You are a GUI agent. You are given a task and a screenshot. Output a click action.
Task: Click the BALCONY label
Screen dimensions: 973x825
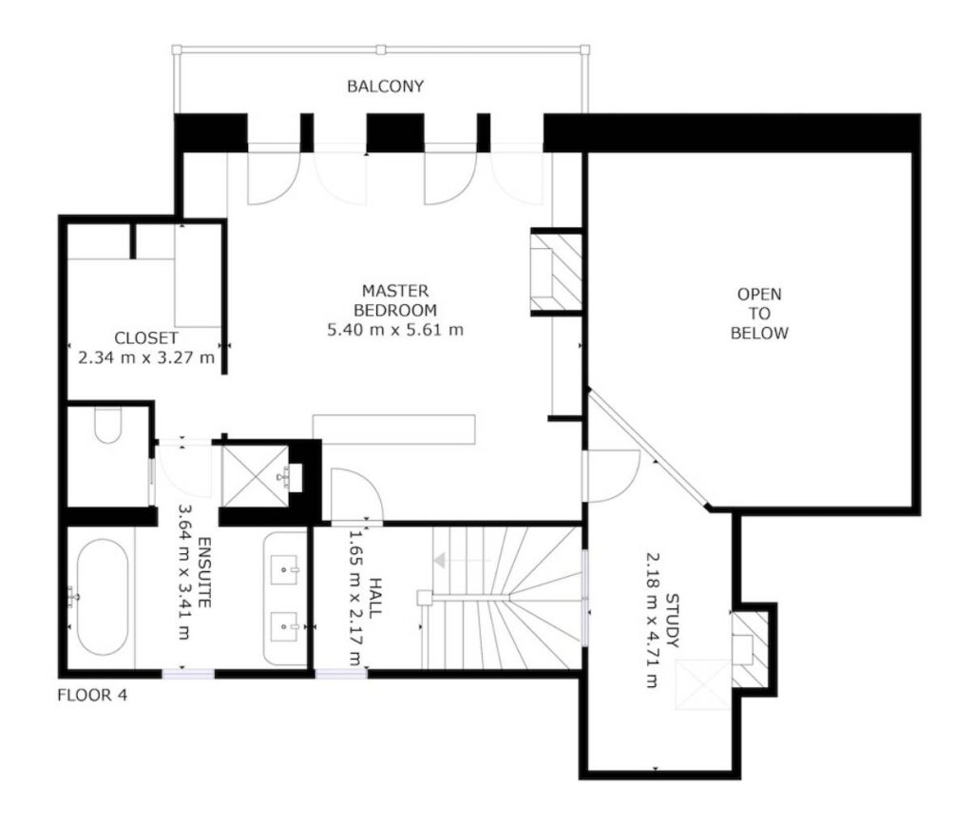(385, 86)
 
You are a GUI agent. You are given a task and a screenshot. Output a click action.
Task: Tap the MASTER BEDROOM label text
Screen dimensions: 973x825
(395, 300)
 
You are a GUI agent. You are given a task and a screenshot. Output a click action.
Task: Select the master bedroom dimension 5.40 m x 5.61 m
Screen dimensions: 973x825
(395, 330)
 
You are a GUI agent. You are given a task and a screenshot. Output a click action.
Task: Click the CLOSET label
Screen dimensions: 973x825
(146, 338)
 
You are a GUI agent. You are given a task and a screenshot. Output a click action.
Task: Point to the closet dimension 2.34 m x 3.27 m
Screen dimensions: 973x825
(146, 358)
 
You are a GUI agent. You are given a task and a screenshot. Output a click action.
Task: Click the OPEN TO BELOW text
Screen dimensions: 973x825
(759, 314)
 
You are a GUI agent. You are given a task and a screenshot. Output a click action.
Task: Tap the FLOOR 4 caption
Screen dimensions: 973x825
(92, 695)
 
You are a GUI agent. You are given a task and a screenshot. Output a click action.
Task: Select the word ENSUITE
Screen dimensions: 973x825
(205, 572)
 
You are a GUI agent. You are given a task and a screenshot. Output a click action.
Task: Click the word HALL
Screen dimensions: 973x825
(374, 598)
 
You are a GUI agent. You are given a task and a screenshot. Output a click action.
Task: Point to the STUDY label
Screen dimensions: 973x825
(672, 620)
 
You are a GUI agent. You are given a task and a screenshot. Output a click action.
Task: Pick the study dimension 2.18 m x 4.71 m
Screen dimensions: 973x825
(652, 620)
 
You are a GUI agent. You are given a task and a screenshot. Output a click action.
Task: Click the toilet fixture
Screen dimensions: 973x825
(108, 425)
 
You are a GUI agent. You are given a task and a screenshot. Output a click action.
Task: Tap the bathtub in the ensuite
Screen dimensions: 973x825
(103, 597)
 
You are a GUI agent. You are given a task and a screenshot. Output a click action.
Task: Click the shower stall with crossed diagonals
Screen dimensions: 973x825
(256, 476)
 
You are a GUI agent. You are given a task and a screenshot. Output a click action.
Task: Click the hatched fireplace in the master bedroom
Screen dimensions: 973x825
(557, 272)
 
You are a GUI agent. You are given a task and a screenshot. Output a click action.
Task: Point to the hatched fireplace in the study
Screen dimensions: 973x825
(750, 649)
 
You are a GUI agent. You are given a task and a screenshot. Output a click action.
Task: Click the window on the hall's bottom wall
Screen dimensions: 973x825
(341, 673)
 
